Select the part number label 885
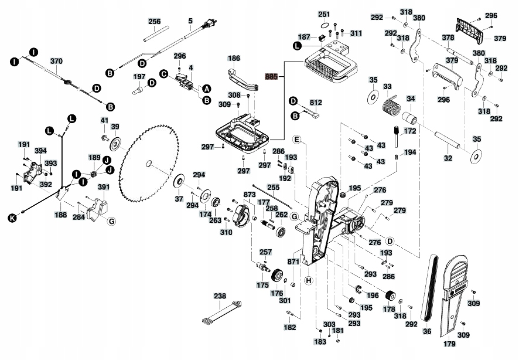click(271, 76)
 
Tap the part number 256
click(154, 22)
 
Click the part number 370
click(56, 61)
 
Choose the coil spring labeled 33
click(390, 107)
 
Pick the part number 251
click(324, 14)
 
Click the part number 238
click(220, 297)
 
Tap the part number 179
click(450, 344)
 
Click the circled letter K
click(11, 219)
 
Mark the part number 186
click(234, 59)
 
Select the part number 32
click(448, 158)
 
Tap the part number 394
click(40, 151)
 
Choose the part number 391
click(104, 187)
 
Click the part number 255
click(274, 187)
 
